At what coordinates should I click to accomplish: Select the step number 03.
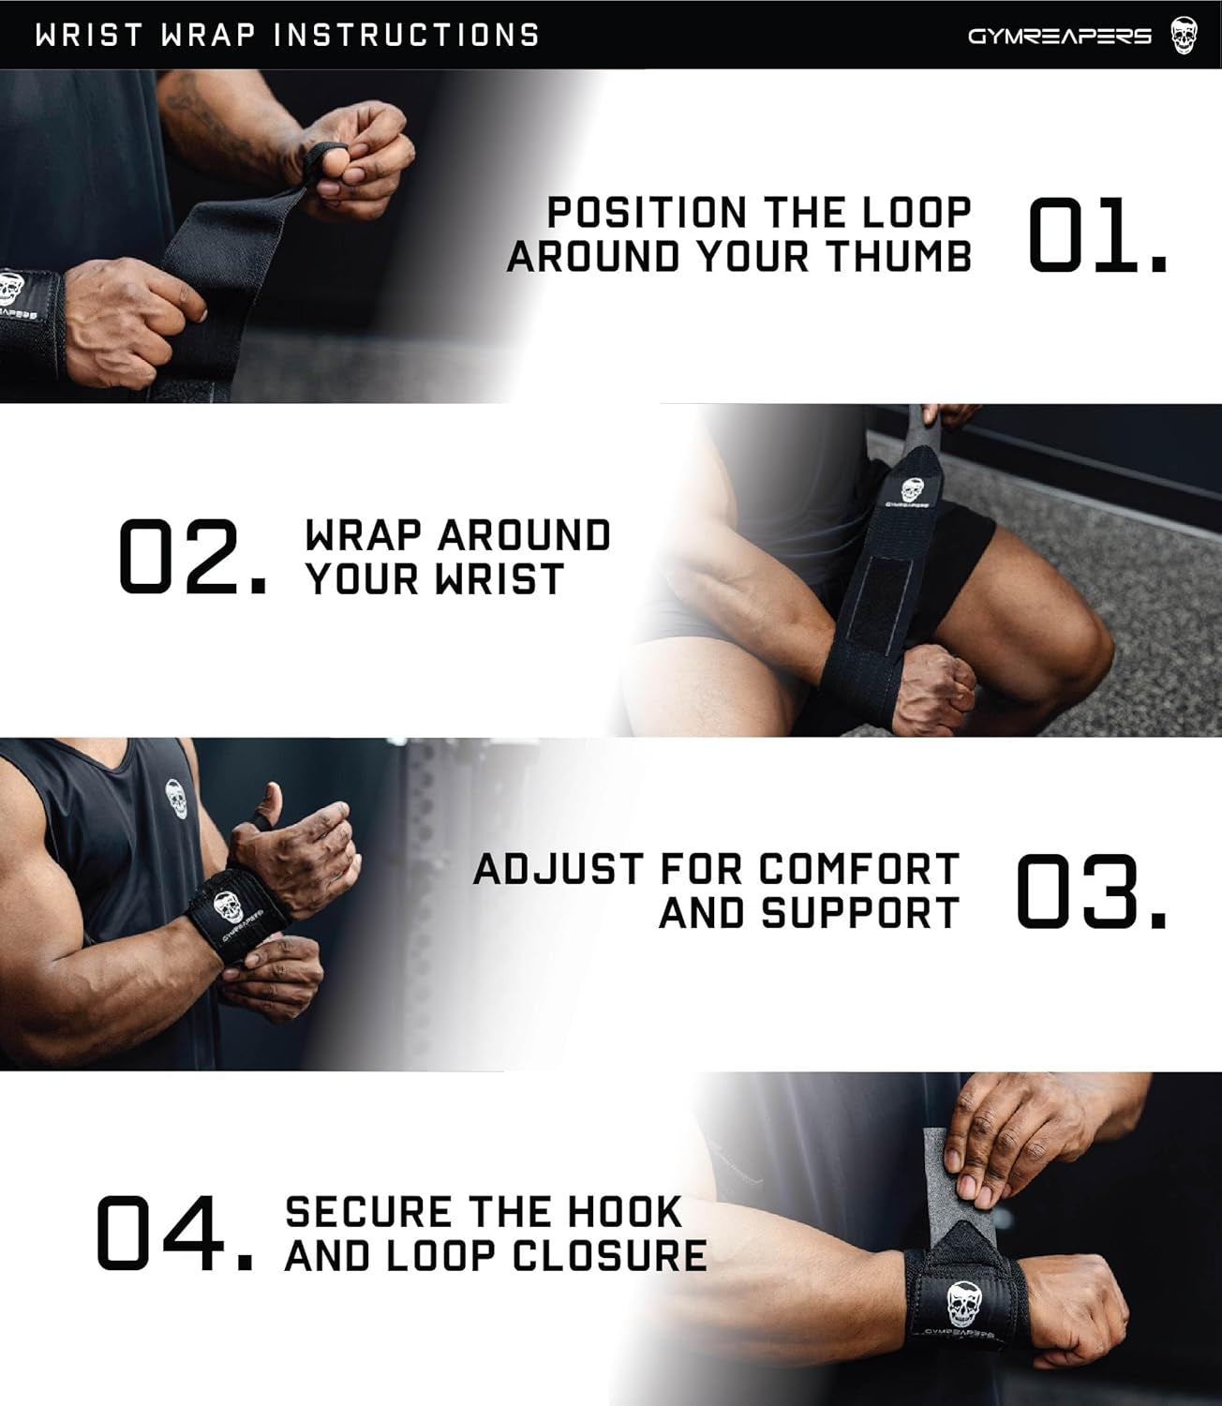[x=1091, y=891]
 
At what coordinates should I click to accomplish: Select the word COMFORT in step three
[x=859, y=870]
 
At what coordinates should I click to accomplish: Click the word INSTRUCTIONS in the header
[x=407, y=36]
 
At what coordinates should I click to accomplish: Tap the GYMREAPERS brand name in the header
[x=1059, y=37]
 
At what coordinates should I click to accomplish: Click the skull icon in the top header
[x=1184, y=36]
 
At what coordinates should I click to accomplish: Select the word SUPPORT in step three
[x=860, y=914]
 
